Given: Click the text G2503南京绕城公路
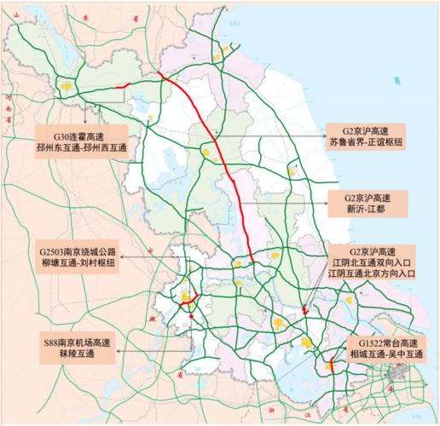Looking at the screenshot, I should point(78,253).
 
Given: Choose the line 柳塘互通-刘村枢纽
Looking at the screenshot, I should point(78,266).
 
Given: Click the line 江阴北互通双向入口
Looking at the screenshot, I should point(373,263).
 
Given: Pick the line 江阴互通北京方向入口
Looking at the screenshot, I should point(373,275).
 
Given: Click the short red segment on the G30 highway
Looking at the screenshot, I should point(122,85).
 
